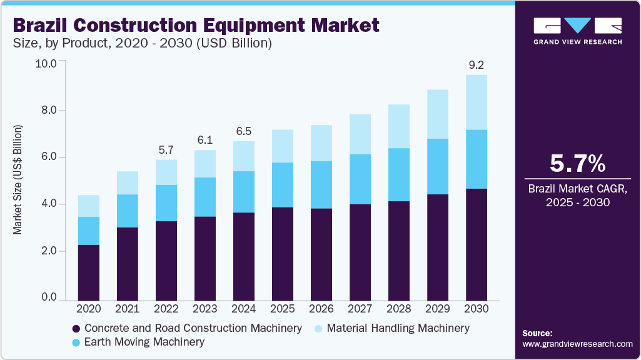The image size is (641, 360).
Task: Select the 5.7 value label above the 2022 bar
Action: [x=166, y=149]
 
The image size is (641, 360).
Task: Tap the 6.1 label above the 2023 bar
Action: [x=205, y=140]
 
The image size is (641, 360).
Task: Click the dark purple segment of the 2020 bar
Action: [x=89, y=272]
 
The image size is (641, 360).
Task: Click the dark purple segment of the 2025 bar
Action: [x=283, y=254]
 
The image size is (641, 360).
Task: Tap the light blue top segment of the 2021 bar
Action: [x=128, y=182]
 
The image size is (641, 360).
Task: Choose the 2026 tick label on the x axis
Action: [x=321, y=309]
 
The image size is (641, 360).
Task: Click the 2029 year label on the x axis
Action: [x=438, y=309]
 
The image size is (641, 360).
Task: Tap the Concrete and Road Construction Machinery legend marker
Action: [x=76, y=328]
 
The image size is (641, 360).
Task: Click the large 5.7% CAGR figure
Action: [x=577, y=164]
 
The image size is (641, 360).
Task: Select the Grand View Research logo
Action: [x=577, y=30]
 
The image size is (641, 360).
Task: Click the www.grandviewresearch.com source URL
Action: [x=577, y=344]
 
